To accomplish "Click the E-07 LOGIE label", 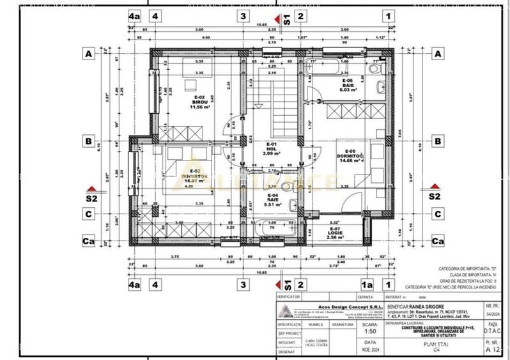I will tap(335, 231).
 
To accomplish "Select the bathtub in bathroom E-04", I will tap(271, 228).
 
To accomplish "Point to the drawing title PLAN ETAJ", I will tap(434, 344).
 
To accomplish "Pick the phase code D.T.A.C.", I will tap(490, 331).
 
